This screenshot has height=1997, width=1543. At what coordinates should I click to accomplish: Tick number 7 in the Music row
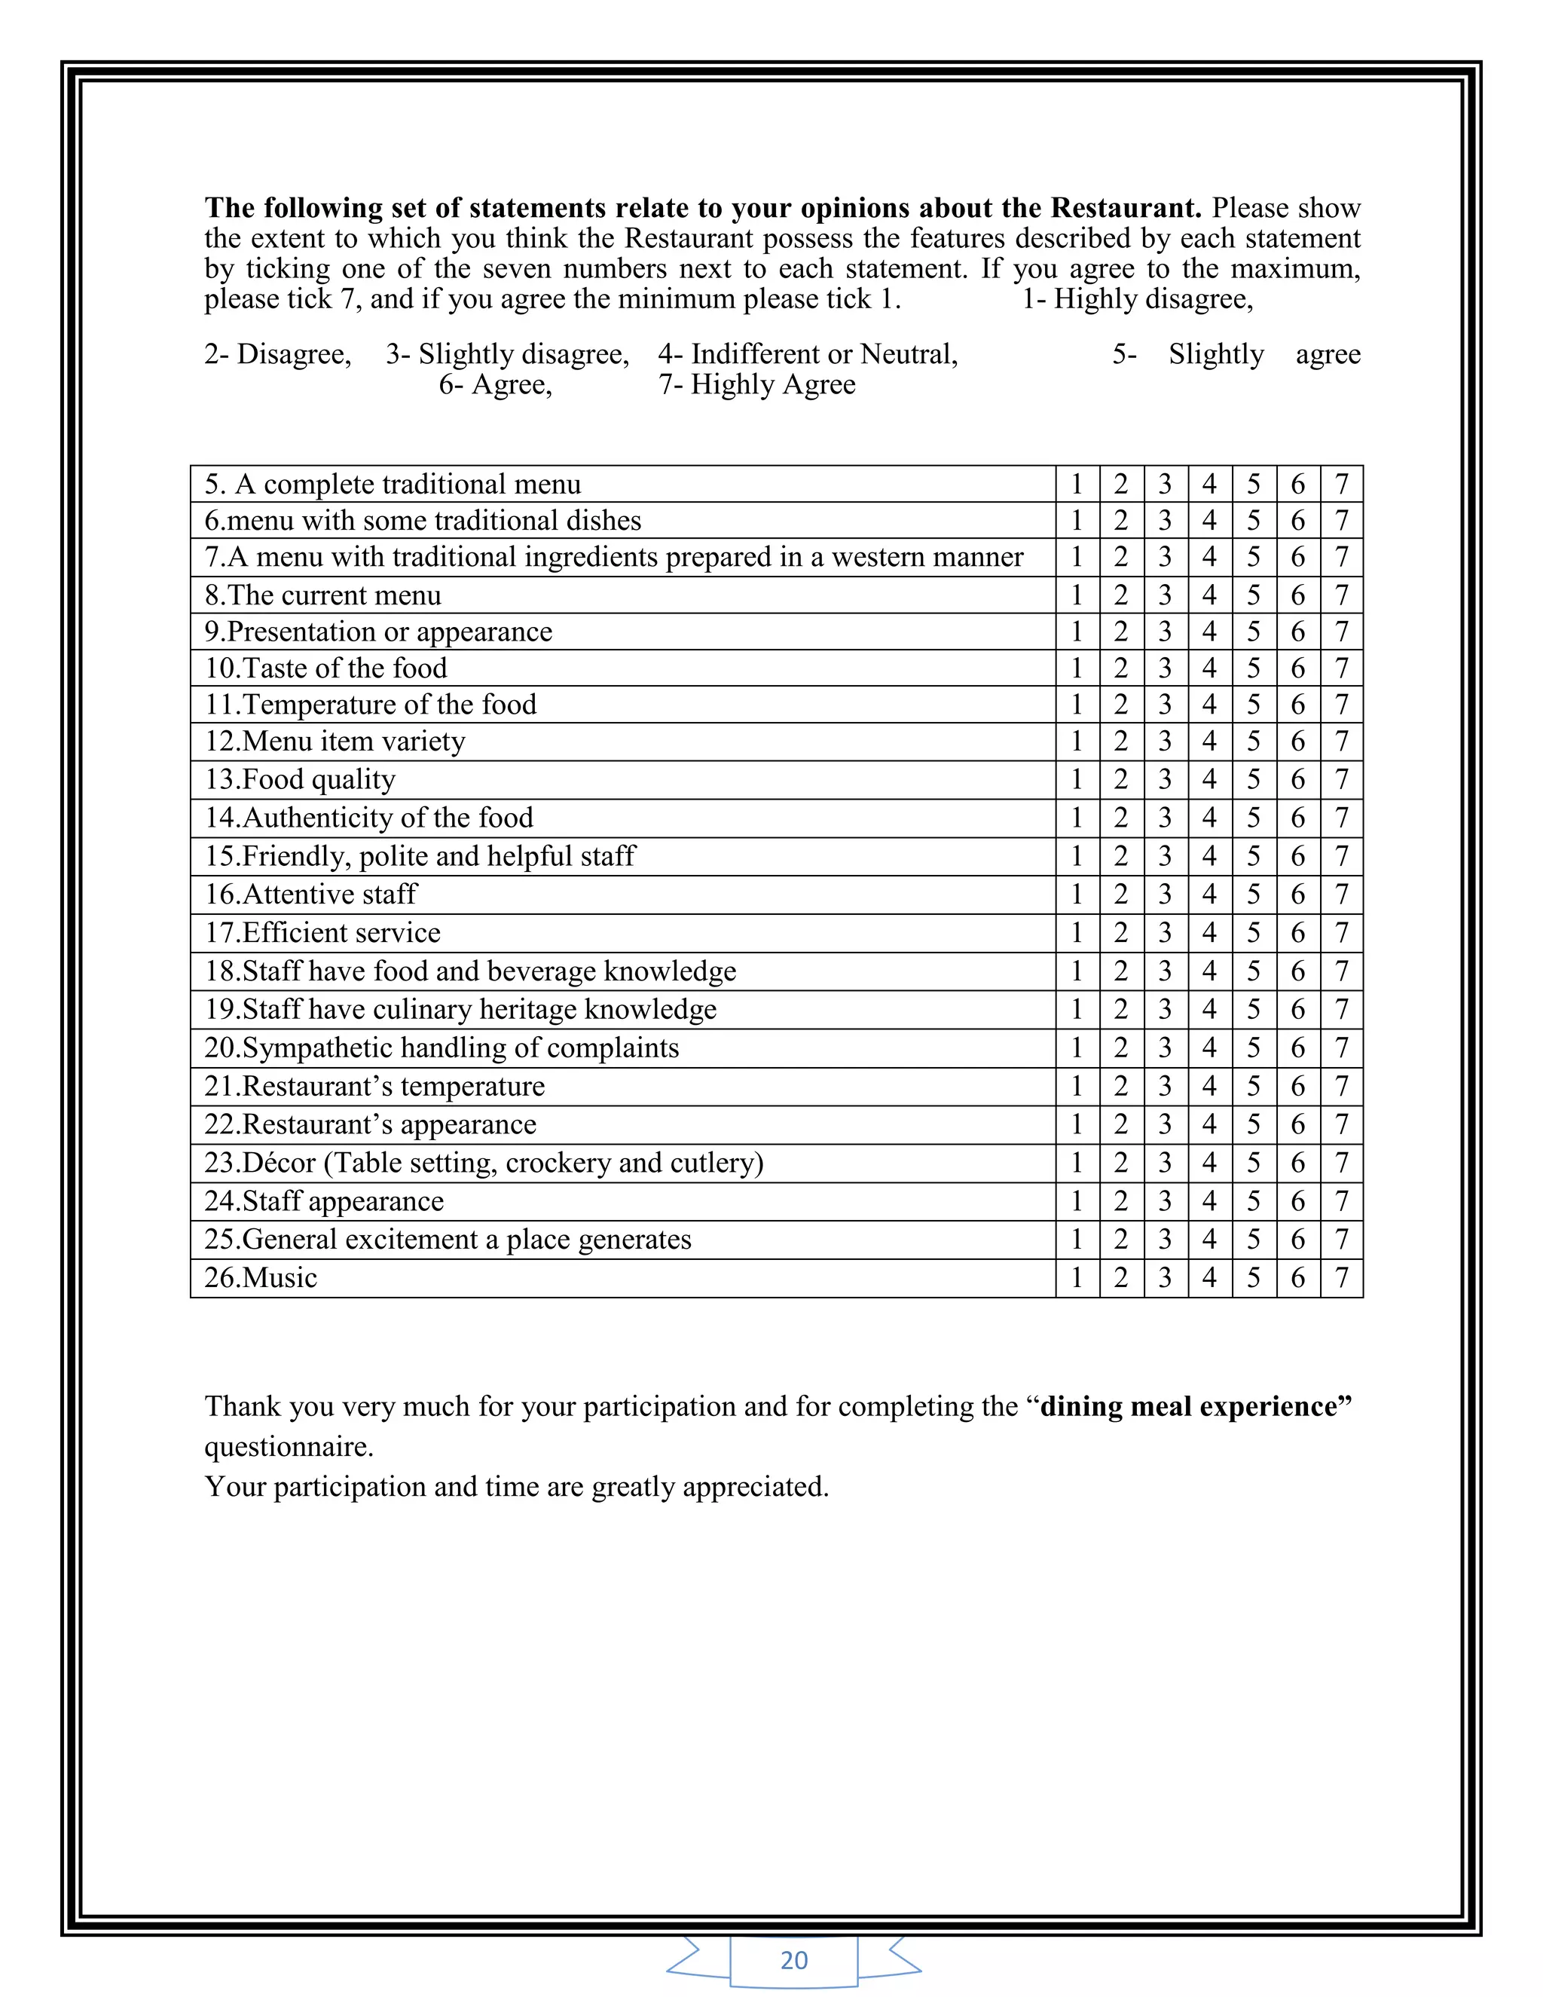tap(1341, 1277)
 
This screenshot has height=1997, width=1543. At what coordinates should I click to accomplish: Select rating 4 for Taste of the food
tap(1209, 668)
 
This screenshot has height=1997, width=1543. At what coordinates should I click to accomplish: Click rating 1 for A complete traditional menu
tap(1077, 484)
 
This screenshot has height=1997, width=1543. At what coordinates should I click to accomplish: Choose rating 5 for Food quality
tap(1253, 780)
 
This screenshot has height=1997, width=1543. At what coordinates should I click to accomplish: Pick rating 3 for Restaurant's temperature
tap(1165, 1086)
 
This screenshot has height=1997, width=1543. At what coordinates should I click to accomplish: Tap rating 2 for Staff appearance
tap(1120, 1201)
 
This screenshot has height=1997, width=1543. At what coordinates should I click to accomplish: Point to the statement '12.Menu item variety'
tap(335, 741)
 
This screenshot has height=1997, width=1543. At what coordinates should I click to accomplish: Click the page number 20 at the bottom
tap(793, 1959)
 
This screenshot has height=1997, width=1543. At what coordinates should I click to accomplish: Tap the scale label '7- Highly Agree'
tap(757, 384)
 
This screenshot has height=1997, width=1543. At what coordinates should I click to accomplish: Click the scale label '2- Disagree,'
tap(277, 354)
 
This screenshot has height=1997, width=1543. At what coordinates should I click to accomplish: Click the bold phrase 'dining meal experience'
tap(1195, 1405)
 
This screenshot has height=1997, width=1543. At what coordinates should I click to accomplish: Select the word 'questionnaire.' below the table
tap(289, 1447)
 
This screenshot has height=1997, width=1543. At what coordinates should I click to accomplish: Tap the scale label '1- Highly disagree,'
tap(1136, 299)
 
